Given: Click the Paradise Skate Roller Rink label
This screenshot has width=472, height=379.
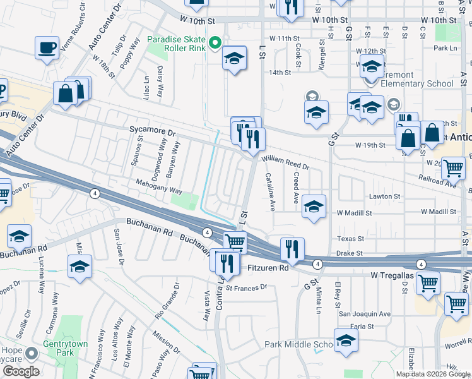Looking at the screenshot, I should [176, 44].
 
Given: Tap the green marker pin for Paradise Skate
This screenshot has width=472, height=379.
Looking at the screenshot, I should [215, 44].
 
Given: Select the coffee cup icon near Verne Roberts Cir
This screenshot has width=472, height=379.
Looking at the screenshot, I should [47, 47].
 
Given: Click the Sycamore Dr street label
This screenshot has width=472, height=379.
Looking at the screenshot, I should [152, 131].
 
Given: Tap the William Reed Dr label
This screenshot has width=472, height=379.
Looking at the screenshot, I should [285, 163].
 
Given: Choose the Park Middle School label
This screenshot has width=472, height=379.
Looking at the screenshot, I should [298, 344].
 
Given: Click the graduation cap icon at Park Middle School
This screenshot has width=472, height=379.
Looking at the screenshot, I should [346, 340].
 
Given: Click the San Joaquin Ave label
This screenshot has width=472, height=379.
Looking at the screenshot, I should [365, 313].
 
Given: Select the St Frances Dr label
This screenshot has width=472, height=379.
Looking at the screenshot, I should [247, 287].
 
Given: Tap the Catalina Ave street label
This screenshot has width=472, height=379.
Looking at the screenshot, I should [270, 191].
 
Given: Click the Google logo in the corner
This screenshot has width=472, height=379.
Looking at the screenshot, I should [20, 371].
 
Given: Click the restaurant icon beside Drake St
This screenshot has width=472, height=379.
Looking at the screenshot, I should [292, 248].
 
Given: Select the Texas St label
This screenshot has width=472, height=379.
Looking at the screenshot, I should [351, 239].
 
